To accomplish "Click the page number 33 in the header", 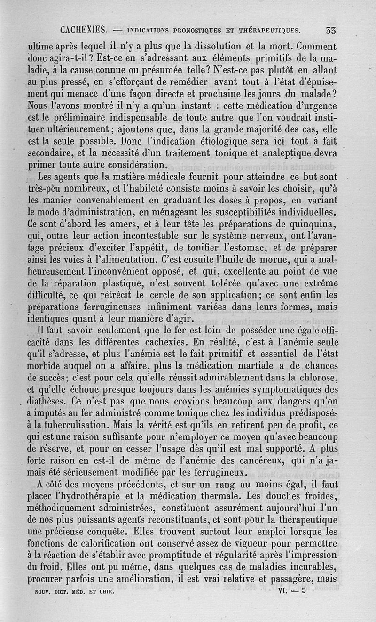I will point(330,31).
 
